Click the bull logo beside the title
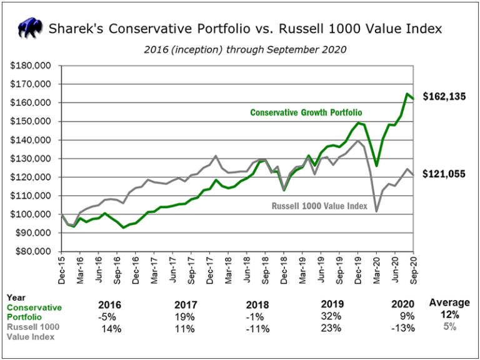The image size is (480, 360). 31,28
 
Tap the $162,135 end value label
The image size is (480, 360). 447,96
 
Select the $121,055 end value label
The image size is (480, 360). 447,174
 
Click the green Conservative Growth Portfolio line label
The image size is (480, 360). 306,113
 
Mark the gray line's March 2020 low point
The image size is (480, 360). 377,211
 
